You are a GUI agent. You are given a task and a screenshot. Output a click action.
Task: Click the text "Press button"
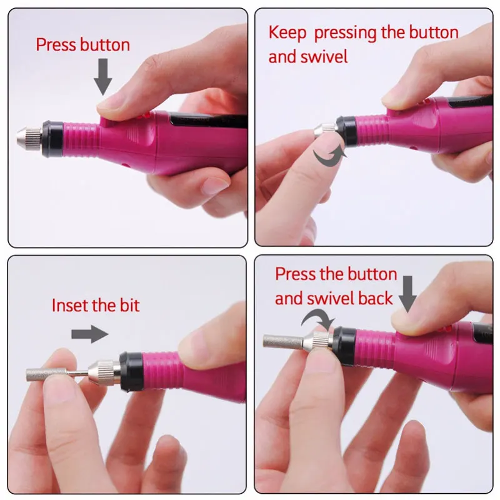(x=82, y=45)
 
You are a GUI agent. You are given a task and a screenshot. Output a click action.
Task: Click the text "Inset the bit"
(x=96, y=306)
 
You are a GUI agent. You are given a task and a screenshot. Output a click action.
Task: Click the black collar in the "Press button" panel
(x=54, y=134)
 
